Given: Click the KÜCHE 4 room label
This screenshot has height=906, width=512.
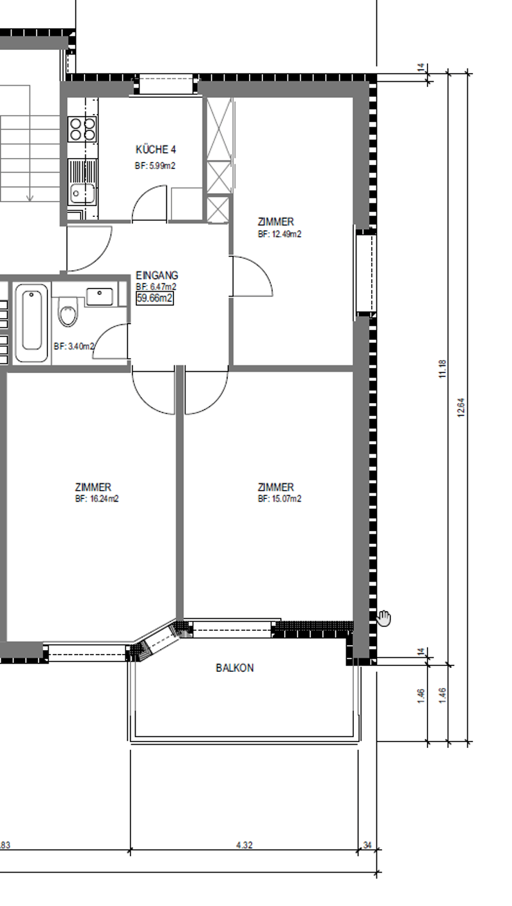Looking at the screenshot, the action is tap(156, 150).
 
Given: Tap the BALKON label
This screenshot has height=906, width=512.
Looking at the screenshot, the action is tap(235, 668).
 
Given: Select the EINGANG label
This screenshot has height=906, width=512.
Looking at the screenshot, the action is tap(157, 275).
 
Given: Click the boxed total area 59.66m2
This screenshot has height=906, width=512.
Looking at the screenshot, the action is tap(155, 299).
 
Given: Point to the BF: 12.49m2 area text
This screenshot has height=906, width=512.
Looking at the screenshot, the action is tap(280, 234).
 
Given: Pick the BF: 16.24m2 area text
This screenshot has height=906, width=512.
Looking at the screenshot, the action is tap(97, 498).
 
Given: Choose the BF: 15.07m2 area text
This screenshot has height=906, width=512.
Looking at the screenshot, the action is tap(280, 498).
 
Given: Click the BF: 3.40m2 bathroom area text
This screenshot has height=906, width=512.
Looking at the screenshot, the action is tap(74, 346).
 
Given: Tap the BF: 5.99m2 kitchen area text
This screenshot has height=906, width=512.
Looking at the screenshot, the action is tap(155, 166).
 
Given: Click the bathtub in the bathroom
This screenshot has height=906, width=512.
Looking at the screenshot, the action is tap(32, 322).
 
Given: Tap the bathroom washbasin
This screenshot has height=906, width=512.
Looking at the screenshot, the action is tap(99, 296).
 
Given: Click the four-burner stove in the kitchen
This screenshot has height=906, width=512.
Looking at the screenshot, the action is tap(82, 129).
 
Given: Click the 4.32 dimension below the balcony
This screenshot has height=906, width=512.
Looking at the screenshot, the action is tap(244, 845).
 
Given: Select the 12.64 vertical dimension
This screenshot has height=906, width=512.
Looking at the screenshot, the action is tap(461, 408).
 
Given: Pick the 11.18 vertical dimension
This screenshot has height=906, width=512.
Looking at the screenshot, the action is tap(442, 369).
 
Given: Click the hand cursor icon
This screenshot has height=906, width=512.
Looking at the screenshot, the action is tap(384, 619).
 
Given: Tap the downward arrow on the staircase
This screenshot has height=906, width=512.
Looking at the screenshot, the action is tap(29, 198).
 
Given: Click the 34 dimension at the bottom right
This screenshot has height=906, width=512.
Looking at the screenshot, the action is tap(367, 845).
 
